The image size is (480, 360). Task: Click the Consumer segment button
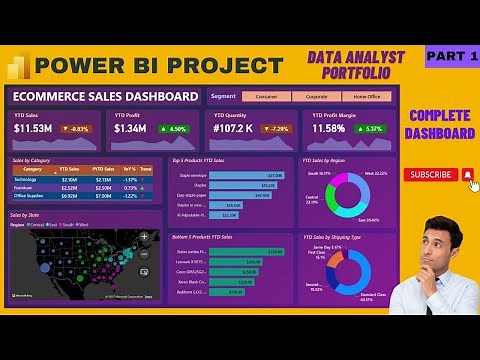point(266,96)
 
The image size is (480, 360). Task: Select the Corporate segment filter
point(315,96)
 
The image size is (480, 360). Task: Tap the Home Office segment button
point(366,96)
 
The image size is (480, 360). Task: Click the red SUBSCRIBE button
point(431,174)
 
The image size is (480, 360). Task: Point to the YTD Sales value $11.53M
point(33,129)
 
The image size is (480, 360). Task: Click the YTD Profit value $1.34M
point(130,129)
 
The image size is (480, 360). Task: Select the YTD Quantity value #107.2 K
point(231,129)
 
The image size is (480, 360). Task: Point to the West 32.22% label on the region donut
point(375,173)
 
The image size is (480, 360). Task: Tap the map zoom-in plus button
point(153,237)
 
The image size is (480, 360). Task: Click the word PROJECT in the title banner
point(225,66)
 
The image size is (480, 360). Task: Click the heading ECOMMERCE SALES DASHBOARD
point(105,96)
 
